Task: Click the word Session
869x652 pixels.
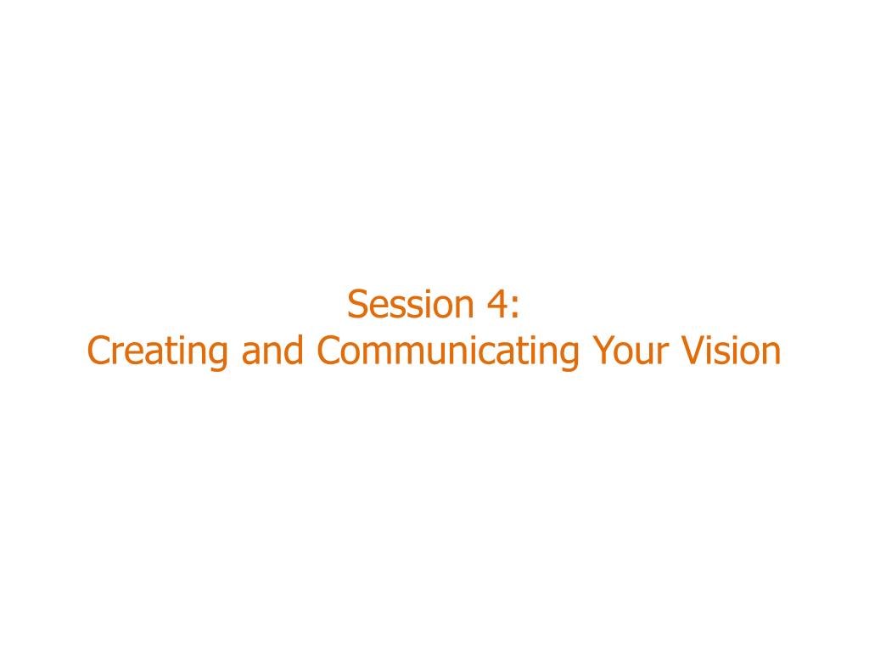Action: pos(410,305)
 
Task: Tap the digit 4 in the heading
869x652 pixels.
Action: pos(497,305)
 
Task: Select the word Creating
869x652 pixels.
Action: pos(157,351)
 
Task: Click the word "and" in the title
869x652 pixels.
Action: pos(272,351)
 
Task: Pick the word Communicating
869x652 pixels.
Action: pos(448,351)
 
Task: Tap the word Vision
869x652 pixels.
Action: pos(731,351)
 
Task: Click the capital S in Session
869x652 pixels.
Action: pos(357,305)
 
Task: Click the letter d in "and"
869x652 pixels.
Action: pos(294,351)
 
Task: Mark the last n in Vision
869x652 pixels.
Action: pos(771,354)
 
